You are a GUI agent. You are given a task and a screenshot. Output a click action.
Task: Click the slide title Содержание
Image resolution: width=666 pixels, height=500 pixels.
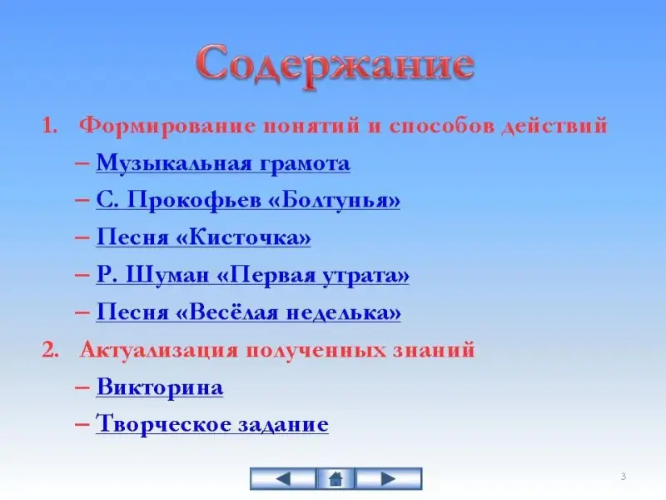[335, 67]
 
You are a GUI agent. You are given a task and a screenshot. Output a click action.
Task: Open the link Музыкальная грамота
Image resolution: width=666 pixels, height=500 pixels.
[223, 163]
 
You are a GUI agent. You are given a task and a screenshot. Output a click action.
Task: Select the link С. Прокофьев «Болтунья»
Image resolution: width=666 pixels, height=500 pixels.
[248, 200]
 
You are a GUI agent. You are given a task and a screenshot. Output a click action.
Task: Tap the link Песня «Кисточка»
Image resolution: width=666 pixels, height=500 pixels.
[203, 237]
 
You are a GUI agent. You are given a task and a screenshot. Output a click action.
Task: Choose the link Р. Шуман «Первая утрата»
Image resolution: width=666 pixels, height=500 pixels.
[253, 275]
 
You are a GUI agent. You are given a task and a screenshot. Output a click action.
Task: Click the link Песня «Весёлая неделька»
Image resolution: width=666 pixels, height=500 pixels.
[248, 312]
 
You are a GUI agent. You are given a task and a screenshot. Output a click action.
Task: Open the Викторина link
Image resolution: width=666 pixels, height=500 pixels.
[160, 387]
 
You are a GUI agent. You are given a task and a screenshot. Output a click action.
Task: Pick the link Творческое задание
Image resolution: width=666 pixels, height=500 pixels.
[212, 424]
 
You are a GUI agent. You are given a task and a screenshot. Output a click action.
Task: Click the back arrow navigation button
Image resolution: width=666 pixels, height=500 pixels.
[283, 478]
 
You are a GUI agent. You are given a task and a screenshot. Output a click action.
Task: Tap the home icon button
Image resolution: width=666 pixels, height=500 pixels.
[335, 478]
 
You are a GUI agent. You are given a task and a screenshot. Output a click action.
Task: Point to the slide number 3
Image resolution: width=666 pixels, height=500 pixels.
[623, 476]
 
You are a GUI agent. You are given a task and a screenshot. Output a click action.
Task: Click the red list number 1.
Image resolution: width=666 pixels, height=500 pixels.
[49, 127]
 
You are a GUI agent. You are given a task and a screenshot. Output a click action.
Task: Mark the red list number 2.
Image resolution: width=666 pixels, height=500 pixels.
[50, 351]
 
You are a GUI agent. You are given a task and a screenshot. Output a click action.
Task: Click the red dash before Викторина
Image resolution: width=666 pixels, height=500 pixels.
[82, 387]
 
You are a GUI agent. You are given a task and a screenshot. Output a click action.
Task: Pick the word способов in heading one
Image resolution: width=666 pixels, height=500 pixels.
[442, 127]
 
